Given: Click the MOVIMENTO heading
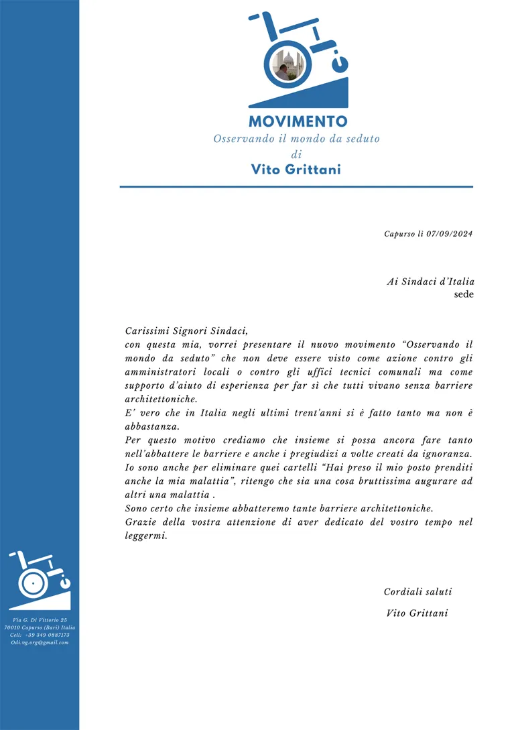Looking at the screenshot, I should tap(298, 121).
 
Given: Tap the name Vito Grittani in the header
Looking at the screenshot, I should tap(296, 170).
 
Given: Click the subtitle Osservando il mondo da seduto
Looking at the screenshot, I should tap(296, 139).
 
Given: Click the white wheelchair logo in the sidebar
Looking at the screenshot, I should tap(40, 581).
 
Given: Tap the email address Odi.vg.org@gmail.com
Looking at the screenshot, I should tap(40, 642).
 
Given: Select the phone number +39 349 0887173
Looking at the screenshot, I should tap(48, 635).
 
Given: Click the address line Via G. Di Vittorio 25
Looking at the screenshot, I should tap(40, 620).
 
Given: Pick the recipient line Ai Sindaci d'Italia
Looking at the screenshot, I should tap(430, 282).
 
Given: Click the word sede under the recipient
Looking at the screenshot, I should tap(464, 294).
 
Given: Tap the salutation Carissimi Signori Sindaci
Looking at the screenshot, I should tap(186, 330).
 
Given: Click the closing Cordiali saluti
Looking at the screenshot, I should tap(417, 592).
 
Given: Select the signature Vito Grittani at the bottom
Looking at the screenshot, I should tap(417, 613).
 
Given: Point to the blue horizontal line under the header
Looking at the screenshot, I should tap(296, 186).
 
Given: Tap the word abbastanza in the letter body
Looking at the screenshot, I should tap(151, 426).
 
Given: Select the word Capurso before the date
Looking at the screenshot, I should tap(399, 234).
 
